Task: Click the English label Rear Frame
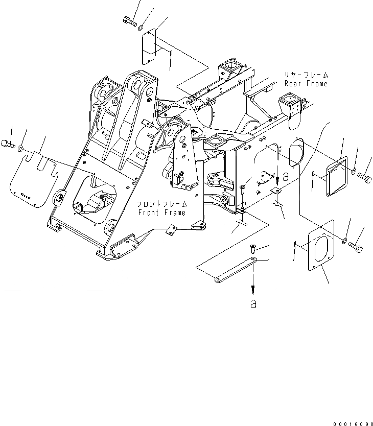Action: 307,83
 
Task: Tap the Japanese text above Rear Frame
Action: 307,75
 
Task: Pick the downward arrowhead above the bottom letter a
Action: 253,288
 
